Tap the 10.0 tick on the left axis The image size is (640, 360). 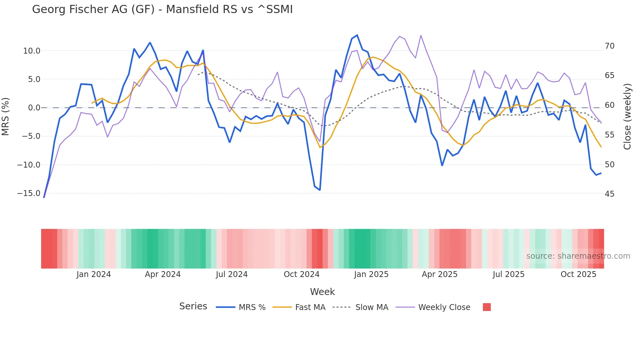[32, 51]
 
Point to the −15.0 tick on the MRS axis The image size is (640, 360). [29, 193]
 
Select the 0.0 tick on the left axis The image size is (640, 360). [34, 108]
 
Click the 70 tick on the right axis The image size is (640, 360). [609, 46]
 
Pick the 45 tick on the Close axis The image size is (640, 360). [609, 194]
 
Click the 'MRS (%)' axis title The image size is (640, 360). [6, 117]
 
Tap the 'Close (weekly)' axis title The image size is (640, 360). [627, 117]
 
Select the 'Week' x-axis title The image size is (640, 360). [322, 292]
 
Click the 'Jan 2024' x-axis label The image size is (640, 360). [94, 274]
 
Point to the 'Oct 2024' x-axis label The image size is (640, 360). [301, 274]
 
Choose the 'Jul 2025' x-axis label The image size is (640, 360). [508, 274]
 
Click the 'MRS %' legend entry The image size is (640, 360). [252, 307]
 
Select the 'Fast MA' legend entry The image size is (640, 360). [310, 307]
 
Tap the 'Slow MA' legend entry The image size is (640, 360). [372, 307]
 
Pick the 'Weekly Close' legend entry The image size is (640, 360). [444, 307]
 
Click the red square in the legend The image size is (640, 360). [487, 307]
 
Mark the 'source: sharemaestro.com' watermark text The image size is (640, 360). [578, 256]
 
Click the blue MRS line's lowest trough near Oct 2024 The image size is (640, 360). [320, 190]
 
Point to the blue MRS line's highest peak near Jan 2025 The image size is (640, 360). [357, 35]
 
